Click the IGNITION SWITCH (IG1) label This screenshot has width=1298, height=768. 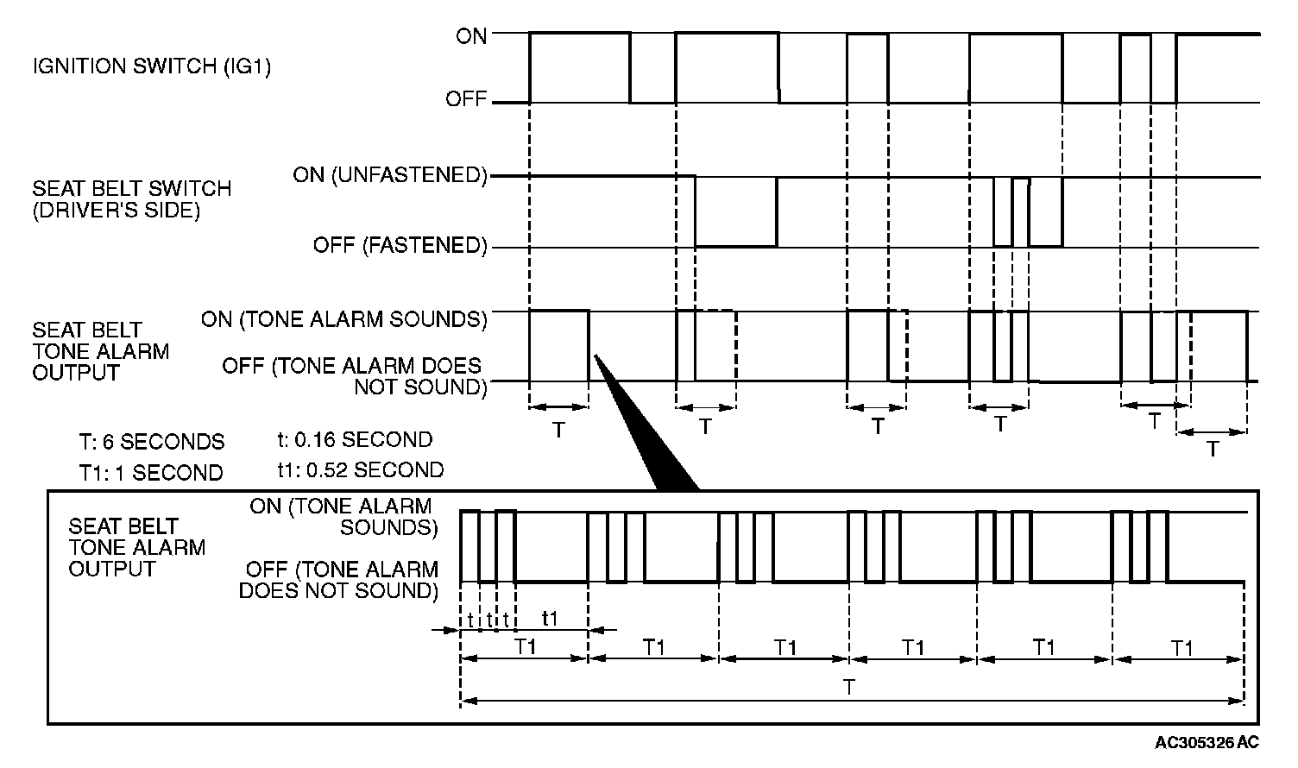coord(152,67)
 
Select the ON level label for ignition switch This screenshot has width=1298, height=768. coord(471,36)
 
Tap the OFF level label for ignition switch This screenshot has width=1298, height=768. coord(466,99)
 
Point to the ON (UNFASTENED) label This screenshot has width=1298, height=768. coord(390,175)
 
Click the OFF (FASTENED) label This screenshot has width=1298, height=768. coord(400,246)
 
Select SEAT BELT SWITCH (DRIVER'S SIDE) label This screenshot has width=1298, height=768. coord(132,199)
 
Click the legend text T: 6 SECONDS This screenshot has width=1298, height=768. coord(152,442)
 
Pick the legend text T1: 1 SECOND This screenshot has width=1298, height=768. coord(150,473)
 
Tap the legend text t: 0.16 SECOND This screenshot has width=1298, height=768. coord(349,439)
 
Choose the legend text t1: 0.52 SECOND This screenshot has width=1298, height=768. coord(355,470)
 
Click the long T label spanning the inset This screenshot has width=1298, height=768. coord(850,688)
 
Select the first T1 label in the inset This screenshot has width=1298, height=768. coord(526,647)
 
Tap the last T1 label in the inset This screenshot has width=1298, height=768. coord(1182,647)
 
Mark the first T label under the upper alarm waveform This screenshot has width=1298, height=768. coord(558,429)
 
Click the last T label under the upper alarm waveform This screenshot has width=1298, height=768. coord(1213,448)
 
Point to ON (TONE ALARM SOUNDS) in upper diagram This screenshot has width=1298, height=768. coord(344,320)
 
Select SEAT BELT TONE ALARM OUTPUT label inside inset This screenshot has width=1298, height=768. coord(137,547)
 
